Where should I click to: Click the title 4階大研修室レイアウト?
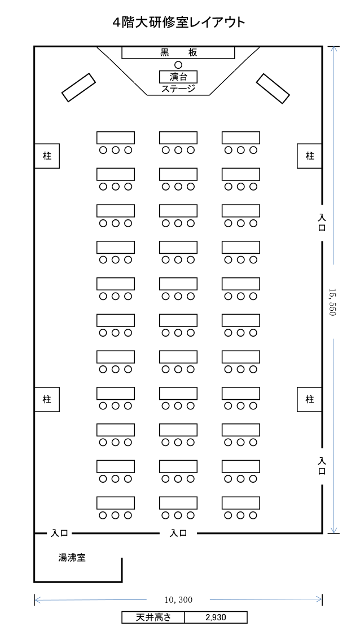[x=179, y=22]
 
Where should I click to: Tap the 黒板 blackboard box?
[x=178, y=52]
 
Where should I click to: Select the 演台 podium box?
[x=178, y=77]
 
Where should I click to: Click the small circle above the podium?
[x=178, y=64]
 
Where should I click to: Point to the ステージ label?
[x=178, y=89]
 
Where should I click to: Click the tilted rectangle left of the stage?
[x=78, y=87]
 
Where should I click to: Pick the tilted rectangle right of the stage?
[x=273, y=89]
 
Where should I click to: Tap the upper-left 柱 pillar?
[x=47, y=156]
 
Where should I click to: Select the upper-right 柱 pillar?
[x=310, y=156]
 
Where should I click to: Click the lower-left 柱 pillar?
[x=47, y=399]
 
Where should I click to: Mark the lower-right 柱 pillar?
[x=310, y=399]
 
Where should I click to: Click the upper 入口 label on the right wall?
[x=322, y=223]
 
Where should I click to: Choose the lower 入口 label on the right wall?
[x=322, y=466]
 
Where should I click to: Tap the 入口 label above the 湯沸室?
[x=60, y=533]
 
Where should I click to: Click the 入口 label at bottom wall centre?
[x=178, y=533]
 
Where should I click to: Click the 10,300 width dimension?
[x=178, y=599]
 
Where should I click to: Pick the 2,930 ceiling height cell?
[x=216, y=617]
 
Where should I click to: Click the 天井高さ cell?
[x=153, y=617]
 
